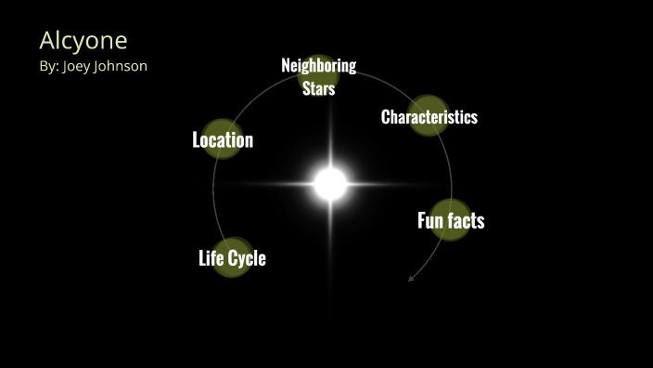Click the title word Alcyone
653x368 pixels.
click(83, 41)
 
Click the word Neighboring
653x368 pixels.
click(318, 65)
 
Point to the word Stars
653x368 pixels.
click(318, 89)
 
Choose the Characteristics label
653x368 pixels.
click(429, 117)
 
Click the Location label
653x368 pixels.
click(223, 140)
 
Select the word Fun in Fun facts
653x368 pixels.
click(430, 220)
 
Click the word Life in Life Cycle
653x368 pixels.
click(212, 257)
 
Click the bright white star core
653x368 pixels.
click(329, 183)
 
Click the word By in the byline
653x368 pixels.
click(48, 66)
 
